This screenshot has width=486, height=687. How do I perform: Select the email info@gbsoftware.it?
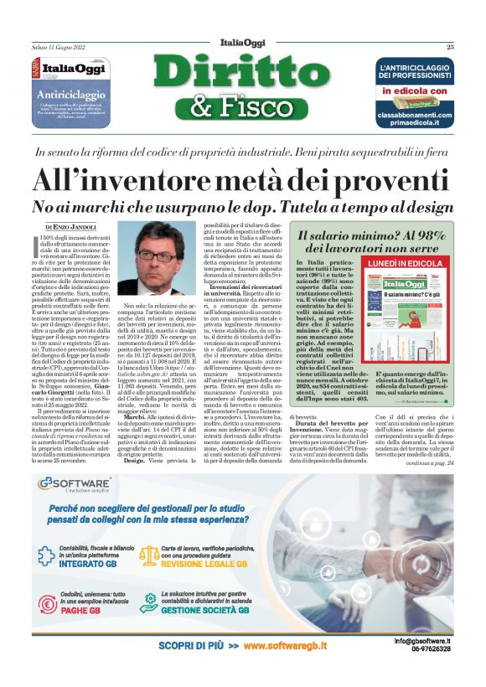click(x=423, y=640)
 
